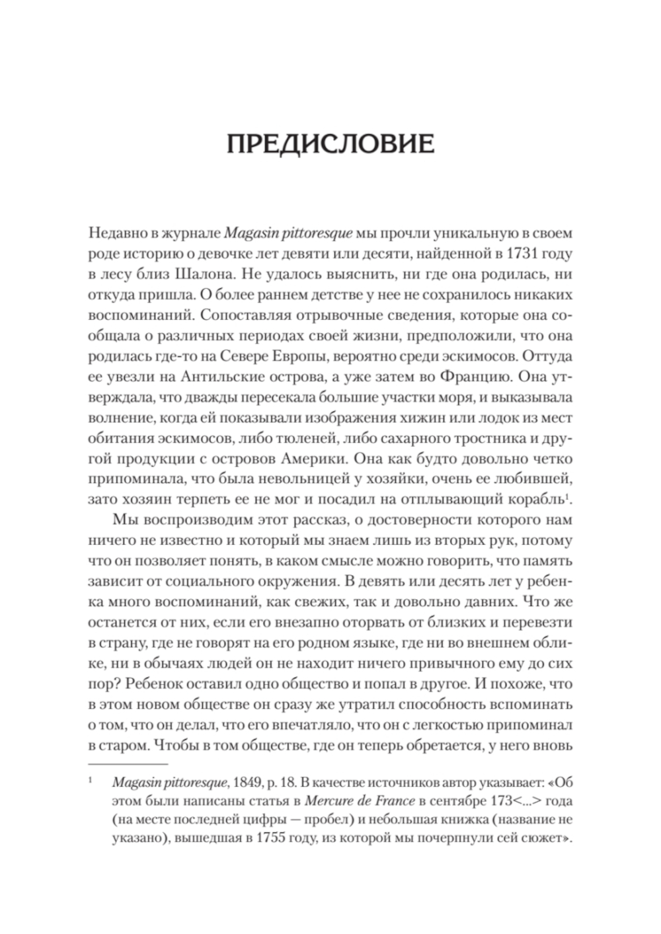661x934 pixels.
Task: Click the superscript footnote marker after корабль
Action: point(568,494)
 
